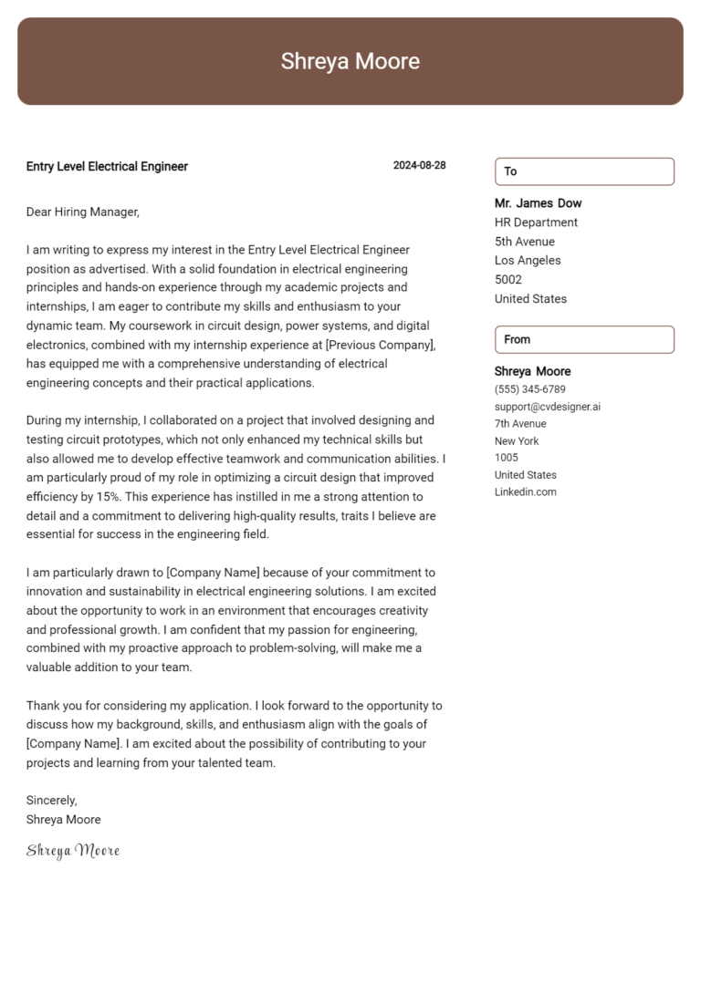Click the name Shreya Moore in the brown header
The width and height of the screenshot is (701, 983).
[x=350, y=61]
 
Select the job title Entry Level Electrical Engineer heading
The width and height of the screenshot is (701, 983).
[x=107, y=166]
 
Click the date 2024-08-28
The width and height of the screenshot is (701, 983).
[x=419, y=166]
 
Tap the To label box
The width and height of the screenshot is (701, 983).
[x=584, y=171]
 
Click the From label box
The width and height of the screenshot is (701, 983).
[x=584, y=339]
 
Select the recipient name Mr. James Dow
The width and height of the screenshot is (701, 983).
[x=538, y=203]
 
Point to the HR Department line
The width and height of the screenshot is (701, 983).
[x=536, y=222]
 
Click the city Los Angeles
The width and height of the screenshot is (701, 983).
[x=528, y=261]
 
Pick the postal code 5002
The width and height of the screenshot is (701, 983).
[x=508, y=280]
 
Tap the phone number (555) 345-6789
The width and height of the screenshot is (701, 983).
[x=529, y=389]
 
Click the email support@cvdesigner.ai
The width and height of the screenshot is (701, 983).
[x=547, y=407]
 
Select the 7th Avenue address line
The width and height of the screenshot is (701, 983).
[x=520, y=424]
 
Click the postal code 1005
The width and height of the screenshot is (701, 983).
[x=506, y=458]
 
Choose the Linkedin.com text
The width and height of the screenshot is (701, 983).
[x=525, y=492]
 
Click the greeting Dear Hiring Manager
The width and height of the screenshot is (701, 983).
[x=83, y=212]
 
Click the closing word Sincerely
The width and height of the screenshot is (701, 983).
[x=51, y=800]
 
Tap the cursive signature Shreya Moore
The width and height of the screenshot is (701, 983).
[x=73, y=851]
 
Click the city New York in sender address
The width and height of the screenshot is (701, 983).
[x=517, y=441]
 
